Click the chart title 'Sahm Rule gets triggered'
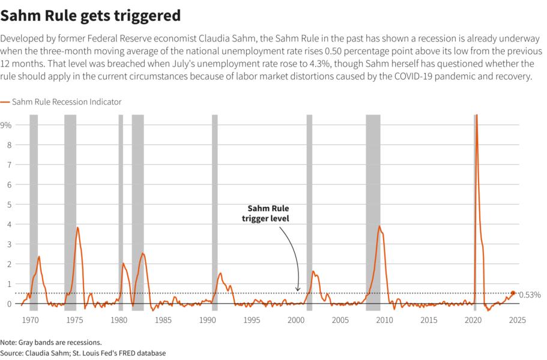point(91,14)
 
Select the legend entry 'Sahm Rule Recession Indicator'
point(66,102)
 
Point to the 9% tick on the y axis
point(7,125)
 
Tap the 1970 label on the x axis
point(30,320)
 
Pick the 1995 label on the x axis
point(252,320)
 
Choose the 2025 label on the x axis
point(517,320)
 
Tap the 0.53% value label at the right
point(530,295)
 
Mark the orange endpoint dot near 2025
point(513,293)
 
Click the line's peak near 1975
point(77,227)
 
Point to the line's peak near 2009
point(379,226)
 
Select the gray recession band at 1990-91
point(214,210)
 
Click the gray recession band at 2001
point(309,210)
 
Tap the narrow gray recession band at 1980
point(121,210)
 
